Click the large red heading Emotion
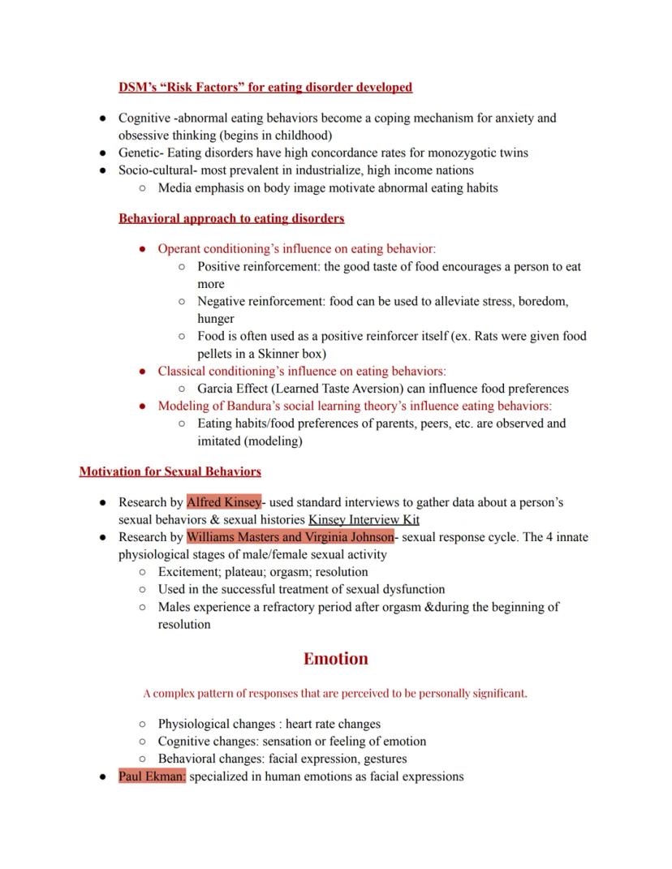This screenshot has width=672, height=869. [x=335, y=659]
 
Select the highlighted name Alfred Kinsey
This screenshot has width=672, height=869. [x=224, y=502]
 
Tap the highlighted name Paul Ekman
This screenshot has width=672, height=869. [x=152, y=777]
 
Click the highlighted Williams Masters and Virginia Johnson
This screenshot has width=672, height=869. [x=290, y=537]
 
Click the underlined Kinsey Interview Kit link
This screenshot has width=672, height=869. [x=364, y=519]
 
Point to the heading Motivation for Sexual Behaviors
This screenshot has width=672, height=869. [x=170, y=471]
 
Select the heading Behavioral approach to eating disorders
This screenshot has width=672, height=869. [x=231, y=218]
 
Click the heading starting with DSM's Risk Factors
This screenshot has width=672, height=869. [x=265, y=87]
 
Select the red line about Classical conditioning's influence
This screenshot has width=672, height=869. [x=302, y=371]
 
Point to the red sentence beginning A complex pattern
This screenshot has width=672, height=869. [x=335, y=694]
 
